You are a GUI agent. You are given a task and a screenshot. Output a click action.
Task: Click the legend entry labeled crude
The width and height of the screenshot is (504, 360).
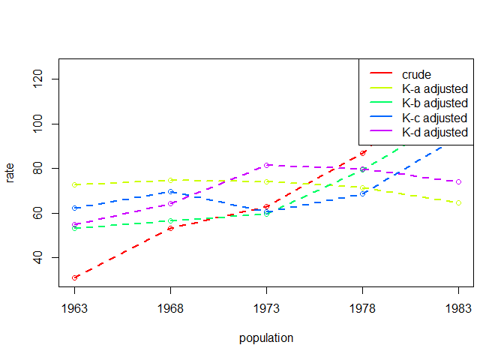416,73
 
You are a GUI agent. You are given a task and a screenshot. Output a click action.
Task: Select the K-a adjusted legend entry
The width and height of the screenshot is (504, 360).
434,88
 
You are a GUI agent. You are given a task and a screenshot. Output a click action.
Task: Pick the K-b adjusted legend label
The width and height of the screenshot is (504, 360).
434,103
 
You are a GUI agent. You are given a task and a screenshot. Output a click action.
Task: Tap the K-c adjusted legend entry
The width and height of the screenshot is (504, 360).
434,118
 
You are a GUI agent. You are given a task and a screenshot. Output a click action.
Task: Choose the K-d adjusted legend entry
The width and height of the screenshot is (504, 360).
434,132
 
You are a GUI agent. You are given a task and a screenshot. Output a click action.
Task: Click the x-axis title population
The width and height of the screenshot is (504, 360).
266,338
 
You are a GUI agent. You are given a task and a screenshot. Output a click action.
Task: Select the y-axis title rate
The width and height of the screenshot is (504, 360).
10,174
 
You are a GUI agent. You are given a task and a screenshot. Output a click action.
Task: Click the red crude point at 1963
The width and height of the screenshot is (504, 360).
75,277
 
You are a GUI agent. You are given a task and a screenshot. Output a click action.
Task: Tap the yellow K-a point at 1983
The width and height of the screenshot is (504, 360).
458,202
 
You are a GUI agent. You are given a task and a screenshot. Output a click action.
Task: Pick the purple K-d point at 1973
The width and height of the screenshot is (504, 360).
266,165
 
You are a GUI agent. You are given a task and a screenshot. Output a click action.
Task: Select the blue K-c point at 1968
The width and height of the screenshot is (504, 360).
171,192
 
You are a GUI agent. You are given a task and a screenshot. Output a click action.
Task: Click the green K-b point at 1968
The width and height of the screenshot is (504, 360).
171,220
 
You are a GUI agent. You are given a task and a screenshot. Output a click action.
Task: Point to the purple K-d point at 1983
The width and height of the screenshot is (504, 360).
458,181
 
